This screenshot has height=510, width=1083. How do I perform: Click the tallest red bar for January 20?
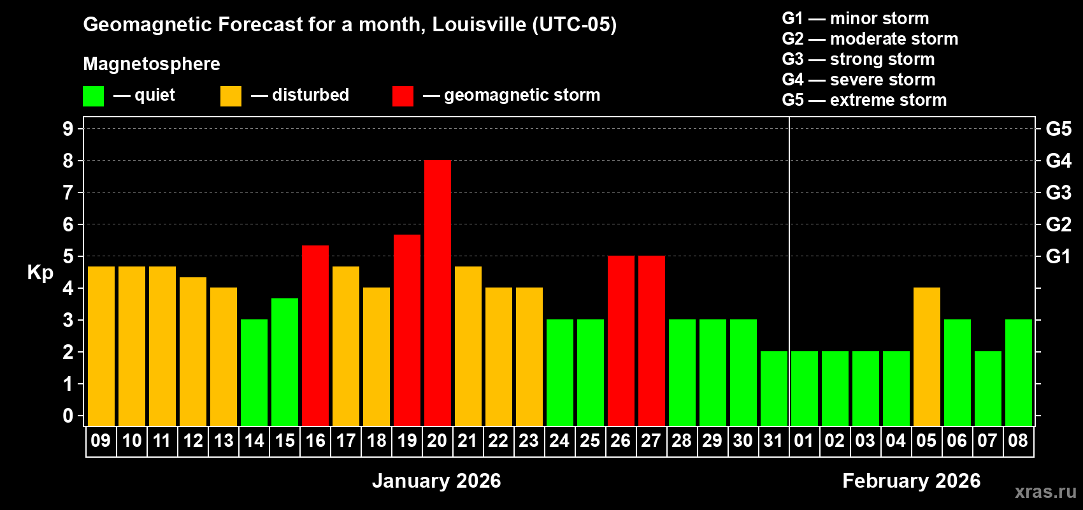pyautogui.click(x=437, y=293)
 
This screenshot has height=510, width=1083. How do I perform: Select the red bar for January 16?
pyautogui.click(x=315, y=335)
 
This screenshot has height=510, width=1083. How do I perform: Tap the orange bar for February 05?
pyautogui.click(x=926, y=356)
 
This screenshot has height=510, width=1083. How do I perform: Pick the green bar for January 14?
pyautogui.click(x=254, y=372)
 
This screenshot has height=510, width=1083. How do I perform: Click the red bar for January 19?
pyautogui.click(x=406, y=330)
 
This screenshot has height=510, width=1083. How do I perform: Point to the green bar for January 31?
pyautogui.click(x=773, y=388)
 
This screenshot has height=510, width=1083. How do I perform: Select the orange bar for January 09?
pyautogui.click(x=101, y=346)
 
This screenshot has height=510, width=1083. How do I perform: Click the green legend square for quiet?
pyautogui.click(x=93, y=96)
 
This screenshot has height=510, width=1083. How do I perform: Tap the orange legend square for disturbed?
pyautogui.click(x=231, y=96)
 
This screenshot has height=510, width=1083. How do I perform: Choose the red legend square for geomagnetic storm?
pyautogui.click(x=403, y=96)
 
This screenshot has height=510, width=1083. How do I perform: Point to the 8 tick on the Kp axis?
pyautogui.click(x=68, y=161)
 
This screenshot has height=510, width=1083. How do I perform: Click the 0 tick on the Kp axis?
pyautogui.click(x=68, y=416)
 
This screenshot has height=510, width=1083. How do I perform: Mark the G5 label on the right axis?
pyautogui.click(x=1058, y=129)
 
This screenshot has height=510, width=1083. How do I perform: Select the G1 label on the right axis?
pyautogui.click(x=1058, y=256)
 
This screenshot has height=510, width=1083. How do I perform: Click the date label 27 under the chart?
pyautogui.click(x=651, y=441)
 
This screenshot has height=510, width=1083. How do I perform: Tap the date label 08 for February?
pyautogui.click(x=1018, y=441)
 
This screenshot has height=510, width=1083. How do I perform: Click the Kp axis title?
pyautogui.click(x=40, y=272)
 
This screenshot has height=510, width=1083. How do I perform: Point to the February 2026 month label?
pyautogui.click(x=911, y=481)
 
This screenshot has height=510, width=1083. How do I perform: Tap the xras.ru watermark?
pyautogui.click(x=1045, y=491)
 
